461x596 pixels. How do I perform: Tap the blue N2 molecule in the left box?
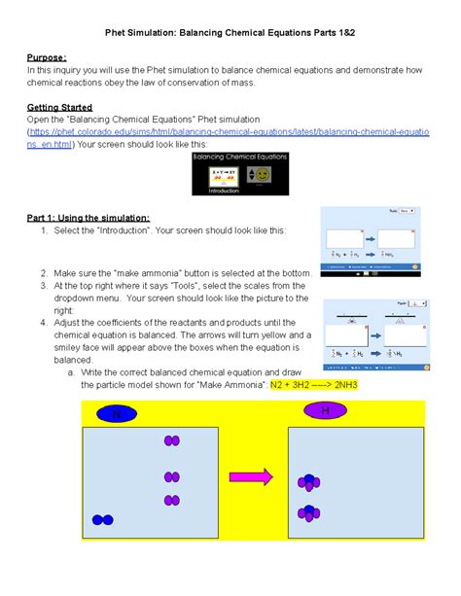tap(102, 520)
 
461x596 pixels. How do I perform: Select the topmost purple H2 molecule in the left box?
tap(172, 440)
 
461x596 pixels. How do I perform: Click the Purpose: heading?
tap(47, 57)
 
